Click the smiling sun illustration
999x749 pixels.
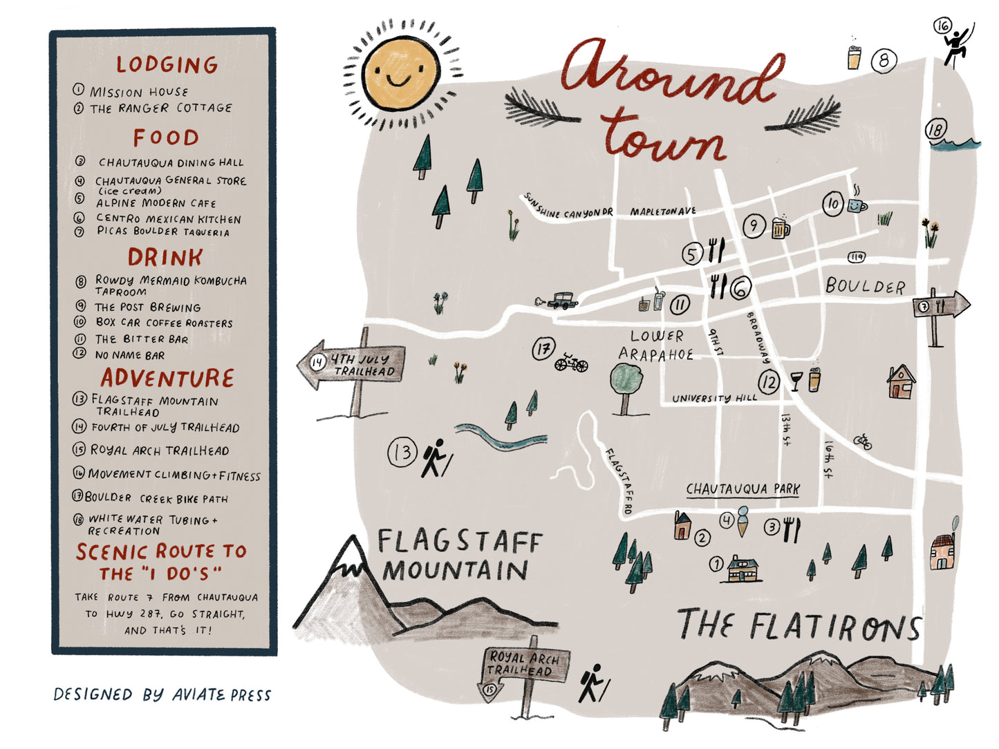402,73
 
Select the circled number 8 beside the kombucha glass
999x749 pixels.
884,61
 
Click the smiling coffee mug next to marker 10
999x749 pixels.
857,204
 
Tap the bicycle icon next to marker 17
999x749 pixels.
571,362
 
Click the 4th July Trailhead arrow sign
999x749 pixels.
351,364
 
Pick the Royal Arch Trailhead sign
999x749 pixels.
525,665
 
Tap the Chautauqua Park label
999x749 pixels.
743,489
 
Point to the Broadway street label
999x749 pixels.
758,338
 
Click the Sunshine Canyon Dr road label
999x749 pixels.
568,207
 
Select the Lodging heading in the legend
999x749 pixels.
167,65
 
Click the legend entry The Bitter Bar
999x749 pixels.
141,339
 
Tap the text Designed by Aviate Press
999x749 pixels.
162,695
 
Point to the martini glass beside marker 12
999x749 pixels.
796,381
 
